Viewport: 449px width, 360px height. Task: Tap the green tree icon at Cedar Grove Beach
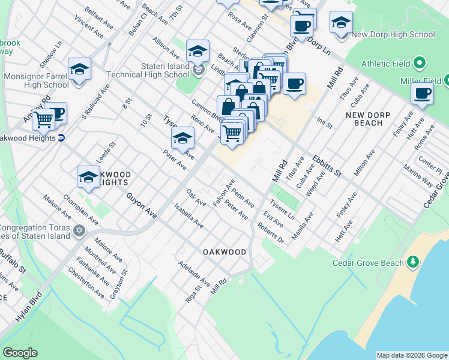tap(412, 262)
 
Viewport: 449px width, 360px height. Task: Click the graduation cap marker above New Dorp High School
tap(341, 22)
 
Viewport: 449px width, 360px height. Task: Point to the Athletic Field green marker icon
tap(420, 63)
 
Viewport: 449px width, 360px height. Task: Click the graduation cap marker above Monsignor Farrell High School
tap(79, 69)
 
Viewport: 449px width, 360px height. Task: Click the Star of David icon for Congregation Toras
tap(79, 231)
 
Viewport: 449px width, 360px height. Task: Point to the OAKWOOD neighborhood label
tap(224, 252)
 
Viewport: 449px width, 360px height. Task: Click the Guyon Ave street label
tap(141, 205)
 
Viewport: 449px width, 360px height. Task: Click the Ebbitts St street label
tap(327, 165)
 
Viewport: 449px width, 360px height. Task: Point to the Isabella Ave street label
tap(188, 215)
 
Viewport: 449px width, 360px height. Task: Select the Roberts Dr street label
tap(270, 233)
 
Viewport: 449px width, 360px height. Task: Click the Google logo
tap(20, 353)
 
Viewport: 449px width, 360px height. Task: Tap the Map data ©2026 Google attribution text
tap(412, 355)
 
